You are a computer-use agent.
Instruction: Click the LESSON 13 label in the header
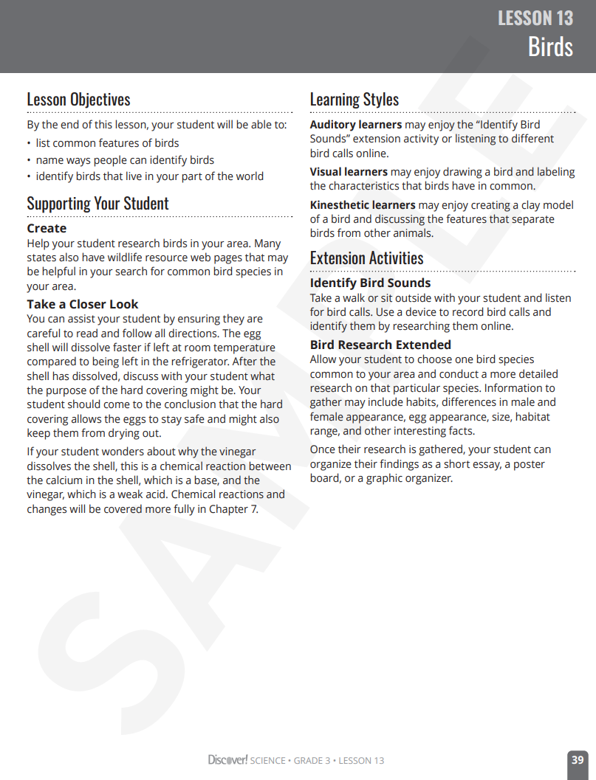[535, 18]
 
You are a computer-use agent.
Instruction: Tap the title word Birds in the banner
[550, 47]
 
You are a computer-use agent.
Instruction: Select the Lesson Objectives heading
[78, 100]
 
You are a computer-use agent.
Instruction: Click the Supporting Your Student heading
[97, 204]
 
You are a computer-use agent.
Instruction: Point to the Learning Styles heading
[354, 100]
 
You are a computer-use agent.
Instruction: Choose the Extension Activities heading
[366, 258]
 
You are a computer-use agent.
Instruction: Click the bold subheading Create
[47, 229]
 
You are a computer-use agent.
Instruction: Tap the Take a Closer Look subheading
[82, 304]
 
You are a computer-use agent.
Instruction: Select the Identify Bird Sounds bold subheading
[370, 283]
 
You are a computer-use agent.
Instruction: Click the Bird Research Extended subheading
[380, 345]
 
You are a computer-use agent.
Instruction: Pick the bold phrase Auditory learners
[356, 125]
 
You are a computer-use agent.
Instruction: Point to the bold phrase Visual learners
[349, 172]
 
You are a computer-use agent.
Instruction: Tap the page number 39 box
[578, 760]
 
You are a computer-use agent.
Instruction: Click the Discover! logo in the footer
[227, 760]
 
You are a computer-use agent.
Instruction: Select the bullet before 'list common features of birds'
[29, 144]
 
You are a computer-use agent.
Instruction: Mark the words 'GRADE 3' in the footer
[312, 761]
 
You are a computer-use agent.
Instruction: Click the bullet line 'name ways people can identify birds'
[125, 160]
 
